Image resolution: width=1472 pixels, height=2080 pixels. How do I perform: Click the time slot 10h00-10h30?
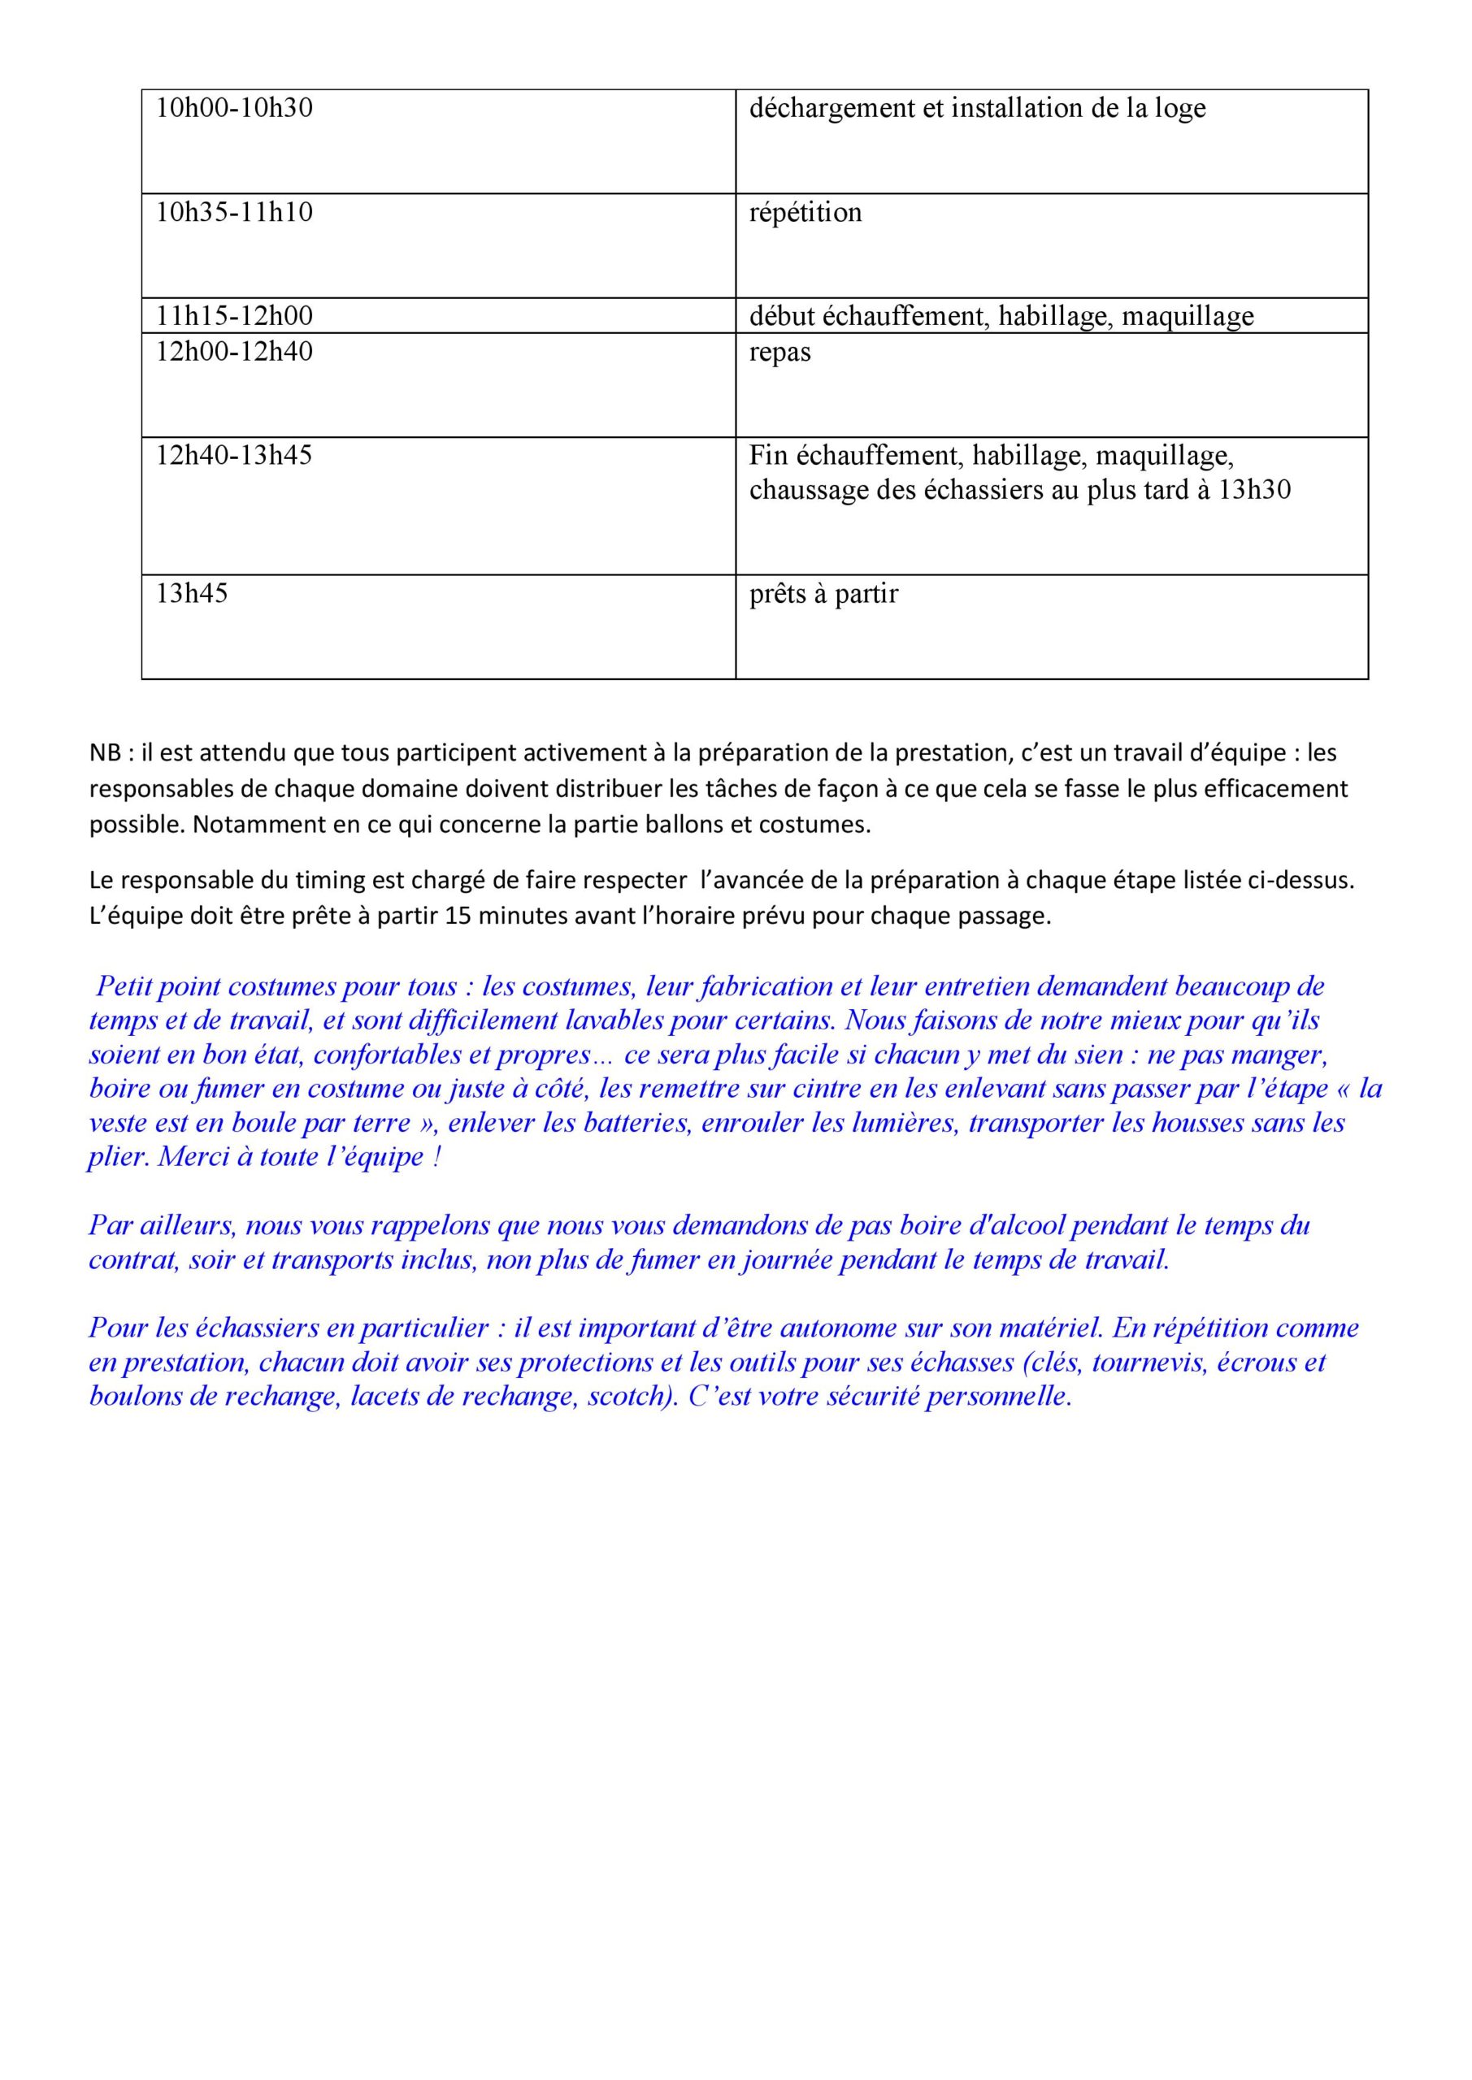(234, 109)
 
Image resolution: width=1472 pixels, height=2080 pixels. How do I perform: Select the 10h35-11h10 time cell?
(234, 213)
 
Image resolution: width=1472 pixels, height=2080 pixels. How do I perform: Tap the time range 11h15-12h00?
(234, 316)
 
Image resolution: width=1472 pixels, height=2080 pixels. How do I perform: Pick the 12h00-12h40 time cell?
(234, 352)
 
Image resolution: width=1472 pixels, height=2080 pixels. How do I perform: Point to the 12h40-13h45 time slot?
(234, 456)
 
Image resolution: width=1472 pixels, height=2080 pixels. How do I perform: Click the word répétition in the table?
(805, 213)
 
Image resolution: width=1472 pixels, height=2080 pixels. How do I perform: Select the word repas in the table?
(779, 353)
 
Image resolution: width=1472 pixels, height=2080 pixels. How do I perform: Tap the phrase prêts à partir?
(823, 594)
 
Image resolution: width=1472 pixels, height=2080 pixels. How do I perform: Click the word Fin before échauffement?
(768, 456)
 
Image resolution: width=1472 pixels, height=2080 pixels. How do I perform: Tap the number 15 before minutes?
(458, 916)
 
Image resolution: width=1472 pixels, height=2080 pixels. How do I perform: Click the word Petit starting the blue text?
(124, 986)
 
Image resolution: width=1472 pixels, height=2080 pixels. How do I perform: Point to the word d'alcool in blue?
(1018, 1226)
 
